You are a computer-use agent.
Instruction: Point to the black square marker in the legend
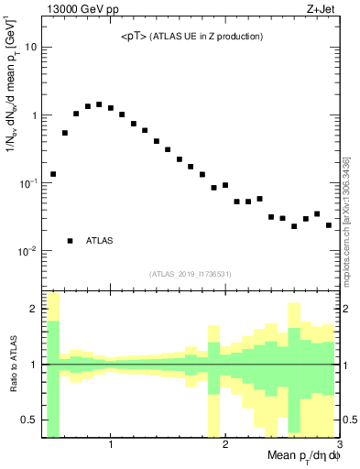click(70, 241)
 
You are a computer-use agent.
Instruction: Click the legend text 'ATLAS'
click(100, 241)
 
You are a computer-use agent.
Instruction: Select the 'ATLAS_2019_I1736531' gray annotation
click(191, 273)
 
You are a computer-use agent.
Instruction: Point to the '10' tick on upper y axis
click(30, 47)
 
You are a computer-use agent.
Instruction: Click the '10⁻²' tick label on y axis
click(27, 251)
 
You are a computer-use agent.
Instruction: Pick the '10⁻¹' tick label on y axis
click(27, 183)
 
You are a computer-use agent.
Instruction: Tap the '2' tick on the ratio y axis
click(34, 310)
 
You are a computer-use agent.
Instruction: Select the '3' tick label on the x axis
click(338, 445)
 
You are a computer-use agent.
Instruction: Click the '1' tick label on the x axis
click(111, 445)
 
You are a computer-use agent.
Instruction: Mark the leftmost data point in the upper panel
click(53, 174)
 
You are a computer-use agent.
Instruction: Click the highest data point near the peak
click(99, 104)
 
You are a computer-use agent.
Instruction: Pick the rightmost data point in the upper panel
click(329, 225)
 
